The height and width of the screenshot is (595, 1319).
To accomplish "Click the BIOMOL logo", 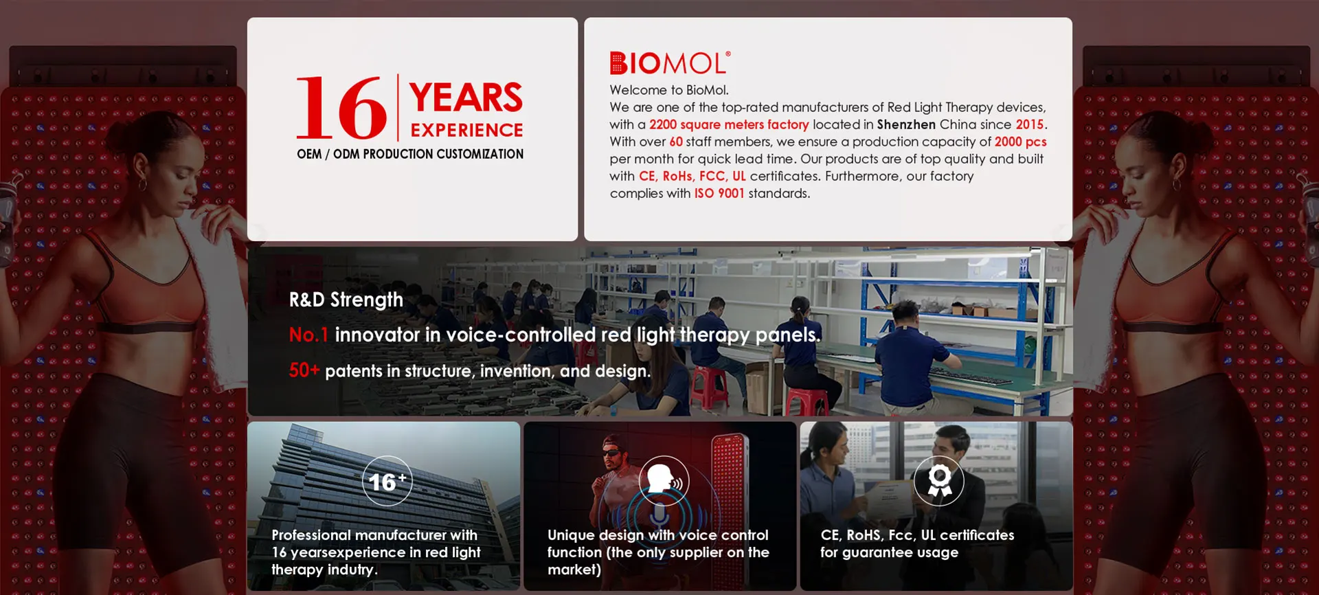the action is [670, 63].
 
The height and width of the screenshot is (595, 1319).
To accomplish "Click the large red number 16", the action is [341, 108].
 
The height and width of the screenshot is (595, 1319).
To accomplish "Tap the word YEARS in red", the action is [466, 98].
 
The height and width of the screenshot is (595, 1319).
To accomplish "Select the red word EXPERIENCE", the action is [466, 130].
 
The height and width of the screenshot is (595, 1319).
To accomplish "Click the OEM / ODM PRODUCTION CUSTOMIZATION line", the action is [410, 154].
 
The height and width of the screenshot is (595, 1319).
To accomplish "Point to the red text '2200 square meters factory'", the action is [729, 124].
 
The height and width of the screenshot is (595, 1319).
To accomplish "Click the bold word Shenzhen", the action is [906, 124].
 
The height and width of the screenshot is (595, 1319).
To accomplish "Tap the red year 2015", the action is [1029, 124].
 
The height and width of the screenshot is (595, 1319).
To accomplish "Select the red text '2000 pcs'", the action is [1020, 142].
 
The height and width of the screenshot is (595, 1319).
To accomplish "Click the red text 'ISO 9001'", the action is [719, 193].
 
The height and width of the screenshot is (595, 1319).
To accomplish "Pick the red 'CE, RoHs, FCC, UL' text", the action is [692, 176].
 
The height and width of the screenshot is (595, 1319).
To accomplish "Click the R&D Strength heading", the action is [346, 300].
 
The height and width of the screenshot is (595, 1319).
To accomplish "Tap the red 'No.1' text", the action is [308, 335].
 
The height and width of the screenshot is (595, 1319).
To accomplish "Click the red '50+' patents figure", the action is [304, 370].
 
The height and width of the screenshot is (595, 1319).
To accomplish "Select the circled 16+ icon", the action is [387, 481].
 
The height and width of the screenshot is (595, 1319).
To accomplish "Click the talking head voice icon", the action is [664, 480].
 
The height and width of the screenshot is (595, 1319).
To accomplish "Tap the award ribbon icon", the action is [939, 480].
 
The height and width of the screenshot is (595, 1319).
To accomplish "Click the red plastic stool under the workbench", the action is [709, 385].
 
